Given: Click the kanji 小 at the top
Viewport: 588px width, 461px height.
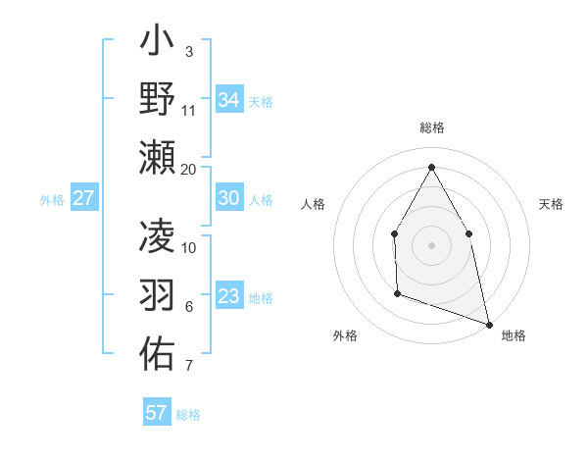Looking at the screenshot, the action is click(x=157, y=44).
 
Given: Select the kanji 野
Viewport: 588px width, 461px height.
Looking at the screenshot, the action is click(x=157, y=99).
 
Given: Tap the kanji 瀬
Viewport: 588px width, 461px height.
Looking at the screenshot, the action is click(x=157, y=156).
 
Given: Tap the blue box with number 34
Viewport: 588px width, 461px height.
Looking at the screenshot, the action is click(x=228, y=99).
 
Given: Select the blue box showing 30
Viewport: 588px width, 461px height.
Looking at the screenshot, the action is click(x=228, y=197).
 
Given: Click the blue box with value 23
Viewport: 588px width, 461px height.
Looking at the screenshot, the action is click(x=228, y=296).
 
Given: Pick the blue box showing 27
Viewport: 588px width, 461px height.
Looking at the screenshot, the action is click(x=83, y=198).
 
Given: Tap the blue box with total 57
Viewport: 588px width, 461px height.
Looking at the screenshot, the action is click(x=156, y=412).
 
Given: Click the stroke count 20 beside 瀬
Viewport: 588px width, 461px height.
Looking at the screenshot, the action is click(x=189, y=170).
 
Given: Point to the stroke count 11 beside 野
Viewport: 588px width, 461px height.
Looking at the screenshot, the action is click(x=189, y=110).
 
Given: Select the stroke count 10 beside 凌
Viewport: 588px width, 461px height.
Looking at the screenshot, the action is click(x=189, y=247).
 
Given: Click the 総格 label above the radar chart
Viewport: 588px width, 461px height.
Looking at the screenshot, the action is click(x=431, y=128).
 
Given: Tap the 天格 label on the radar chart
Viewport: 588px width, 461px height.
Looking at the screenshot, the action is click(x=551, y=204).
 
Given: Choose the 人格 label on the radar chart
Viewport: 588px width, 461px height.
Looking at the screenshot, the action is click(x=313, y=204).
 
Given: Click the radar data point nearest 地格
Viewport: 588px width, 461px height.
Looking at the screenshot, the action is click(x=489, y=324).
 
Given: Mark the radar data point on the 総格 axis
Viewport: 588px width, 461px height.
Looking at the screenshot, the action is click(x=431, y=166).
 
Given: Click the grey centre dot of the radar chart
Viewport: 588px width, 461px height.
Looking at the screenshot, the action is click(x=431, y=244).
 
